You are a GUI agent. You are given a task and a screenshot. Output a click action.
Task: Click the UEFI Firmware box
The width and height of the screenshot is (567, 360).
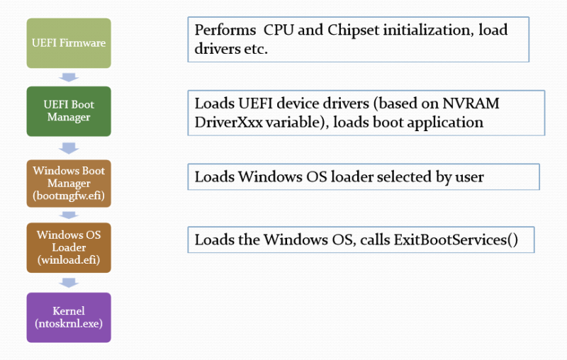click(x=69, y=43)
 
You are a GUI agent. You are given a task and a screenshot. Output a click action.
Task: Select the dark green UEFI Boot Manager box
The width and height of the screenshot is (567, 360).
click(x=69, y=111)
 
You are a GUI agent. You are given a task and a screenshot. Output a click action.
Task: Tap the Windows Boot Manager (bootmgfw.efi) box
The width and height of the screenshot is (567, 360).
click(x=69, y=184)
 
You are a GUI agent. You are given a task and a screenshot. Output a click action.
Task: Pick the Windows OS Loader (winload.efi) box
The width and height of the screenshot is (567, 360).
click(x=69, y=247)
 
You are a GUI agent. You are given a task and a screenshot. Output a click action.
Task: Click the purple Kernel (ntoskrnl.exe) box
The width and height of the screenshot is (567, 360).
click(x=69, y=317)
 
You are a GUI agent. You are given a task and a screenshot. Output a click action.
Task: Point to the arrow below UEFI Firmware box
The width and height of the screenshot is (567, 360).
click(x=69, y=77)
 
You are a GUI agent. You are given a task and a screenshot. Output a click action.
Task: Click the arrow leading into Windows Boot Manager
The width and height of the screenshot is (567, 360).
click(x=69, y=148)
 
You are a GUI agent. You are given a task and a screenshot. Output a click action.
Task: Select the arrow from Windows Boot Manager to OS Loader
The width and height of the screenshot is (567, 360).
click(x=69, y=215)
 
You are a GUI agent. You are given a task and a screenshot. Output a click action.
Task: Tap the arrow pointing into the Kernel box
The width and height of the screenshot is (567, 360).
click(x=69, y=283)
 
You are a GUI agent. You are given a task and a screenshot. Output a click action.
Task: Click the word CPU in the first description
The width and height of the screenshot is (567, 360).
click(x=279, y=30)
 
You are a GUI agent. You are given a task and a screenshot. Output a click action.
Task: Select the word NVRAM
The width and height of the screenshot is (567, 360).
click(x=471, y=103)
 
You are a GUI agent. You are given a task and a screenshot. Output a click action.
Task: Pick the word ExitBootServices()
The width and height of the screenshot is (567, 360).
click(x=456, y=240)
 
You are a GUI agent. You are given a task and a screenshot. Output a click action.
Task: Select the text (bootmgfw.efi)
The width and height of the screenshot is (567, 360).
click(x=69, y=196)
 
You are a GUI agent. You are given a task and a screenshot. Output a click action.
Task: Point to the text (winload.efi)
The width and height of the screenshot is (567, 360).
click(x=69, y=260)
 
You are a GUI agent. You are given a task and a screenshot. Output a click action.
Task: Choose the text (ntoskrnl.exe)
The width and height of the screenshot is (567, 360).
click(x=69, y=323)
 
